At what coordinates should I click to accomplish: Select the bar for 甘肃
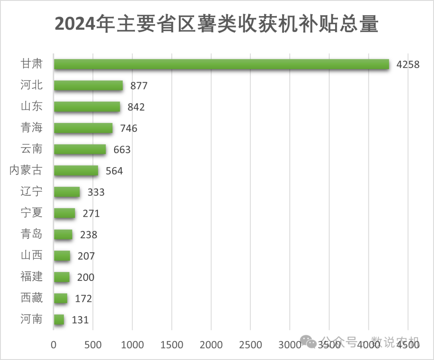pyautogui.click(x=221, y=64)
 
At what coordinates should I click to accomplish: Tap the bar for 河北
pyautogui.click(x=88, y=86)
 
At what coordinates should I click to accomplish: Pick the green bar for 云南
pyautogui.click(x=80, y=149)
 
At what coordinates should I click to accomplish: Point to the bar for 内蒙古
pyautogui.click(x=76, y=171)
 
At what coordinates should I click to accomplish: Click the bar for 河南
pyautogui.click(x=59, y=320)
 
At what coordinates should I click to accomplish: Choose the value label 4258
pyautogui.click(x=407, y=65)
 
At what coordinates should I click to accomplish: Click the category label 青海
pyautogui.click(x=31, y=128)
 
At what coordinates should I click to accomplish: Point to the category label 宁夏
pyautogui.click(x=31, y=213)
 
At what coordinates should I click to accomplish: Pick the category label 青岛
pyautogui.click(x=31, y=234)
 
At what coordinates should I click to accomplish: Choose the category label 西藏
pyautogui.click(x=31, y=298)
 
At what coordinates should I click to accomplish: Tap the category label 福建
pyautogui.click(x=31, y=277)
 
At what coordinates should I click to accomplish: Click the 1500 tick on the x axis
pyautogui.click(x=172, y=345)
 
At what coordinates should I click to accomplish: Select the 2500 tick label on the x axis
pyautogui.click(x=250, y=345)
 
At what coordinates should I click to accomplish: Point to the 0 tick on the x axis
pyautogui.click(x=53, y=345)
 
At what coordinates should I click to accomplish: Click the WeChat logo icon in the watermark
pyautogui.click(x=310, y=342)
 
